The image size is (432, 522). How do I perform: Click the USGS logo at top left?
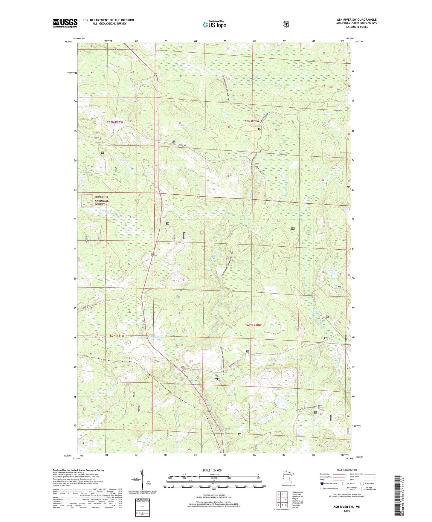tap(65, 23)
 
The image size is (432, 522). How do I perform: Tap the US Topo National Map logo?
tap(214, 24)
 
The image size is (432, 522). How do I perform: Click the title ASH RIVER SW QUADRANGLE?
tap(356, 20)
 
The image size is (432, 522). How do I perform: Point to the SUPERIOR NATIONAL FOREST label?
tap(101, 201)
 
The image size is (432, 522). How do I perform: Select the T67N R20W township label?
tap(253, 325)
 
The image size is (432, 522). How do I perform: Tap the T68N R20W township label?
tap(251, 121)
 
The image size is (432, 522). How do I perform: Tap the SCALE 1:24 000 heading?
tap(212, 470)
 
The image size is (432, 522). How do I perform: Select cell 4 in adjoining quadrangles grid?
tap(279, 500)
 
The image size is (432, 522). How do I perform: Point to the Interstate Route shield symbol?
tap(322, 483)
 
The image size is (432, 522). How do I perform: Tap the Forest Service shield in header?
tap(286, 24)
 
